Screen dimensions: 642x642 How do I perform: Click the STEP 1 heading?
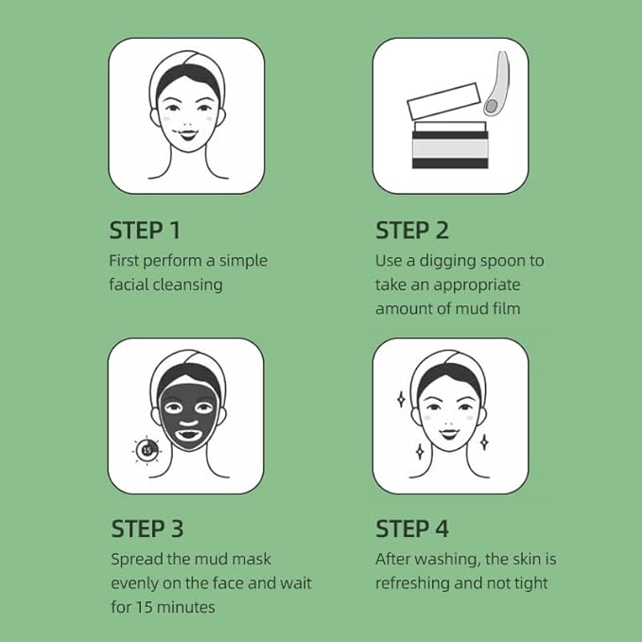click(x=145, y=230)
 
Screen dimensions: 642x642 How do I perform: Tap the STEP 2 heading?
click(x=412, y=230)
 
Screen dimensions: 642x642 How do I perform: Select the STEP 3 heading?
click(x=147, y=529)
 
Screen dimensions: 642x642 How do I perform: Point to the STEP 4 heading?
click(x=412, y=529)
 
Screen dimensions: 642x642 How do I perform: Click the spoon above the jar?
click(x=497, y=83)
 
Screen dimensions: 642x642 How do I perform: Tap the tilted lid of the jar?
click(x=443, y=101)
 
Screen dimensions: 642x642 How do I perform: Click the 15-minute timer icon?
click(x=147, y=450)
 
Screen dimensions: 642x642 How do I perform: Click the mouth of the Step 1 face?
click(x=188, y=134)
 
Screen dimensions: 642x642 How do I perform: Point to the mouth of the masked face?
click(x=189, y=433)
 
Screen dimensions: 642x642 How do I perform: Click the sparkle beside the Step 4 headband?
click(x=401, y=400)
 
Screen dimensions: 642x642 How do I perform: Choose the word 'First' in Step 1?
click(x=124, y=261)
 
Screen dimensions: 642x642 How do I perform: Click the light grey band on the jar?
click(x=450, y=149)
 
